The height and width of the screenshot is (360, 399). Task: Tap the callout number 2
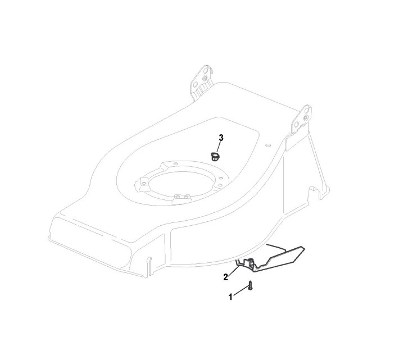225,276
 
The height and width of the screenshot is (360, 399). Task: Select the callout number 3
221,138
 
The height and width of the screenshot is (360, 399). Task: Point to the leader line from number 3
219,145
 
